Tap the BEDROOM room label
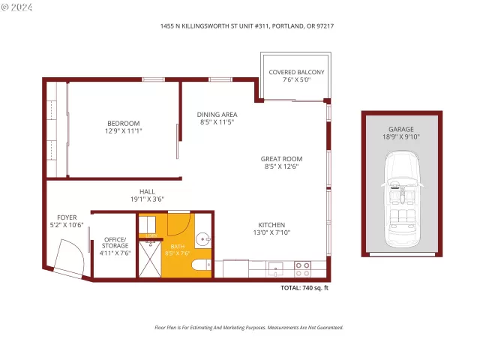click(x=123, y=123)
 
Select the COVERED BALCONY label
click(x=297, y=72)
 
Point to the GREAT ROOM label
click(x=281, y=159)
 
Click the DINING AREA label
click(x=217, y=115)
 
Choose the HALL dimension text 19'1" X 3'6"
click(x=147, y=199)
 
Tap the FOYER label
click(x=67, y=217)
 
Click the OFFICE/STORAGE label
click(x=115, y=241)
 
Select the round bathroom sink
click(x=202, y=240)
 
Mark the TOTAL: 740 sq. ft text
click(x=304, y=288)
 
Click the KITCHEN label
click(x=271, y=225)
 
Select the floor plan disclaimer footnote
click(x=248, y=328)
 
